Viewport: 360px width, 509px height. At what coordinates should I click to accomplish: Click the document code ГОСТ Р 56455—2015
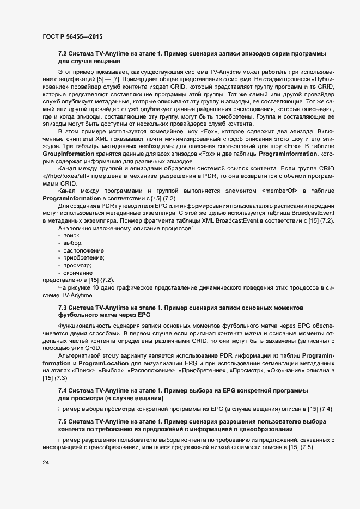pyautogui.click(x=72, y=36)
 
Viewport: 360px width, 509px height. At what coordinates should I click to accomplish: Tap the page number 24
pyautogui.click(x=46, y=462)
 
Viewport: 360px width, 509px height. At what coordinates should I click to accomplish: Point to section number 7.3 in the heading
pyautogui.click(x=64, y=308)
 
